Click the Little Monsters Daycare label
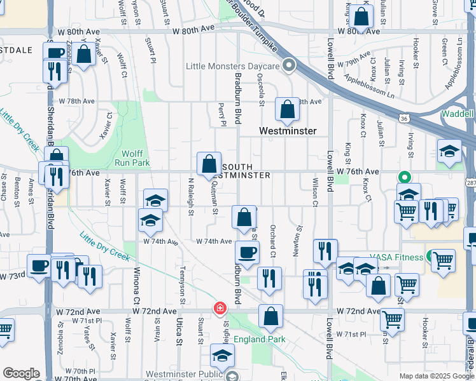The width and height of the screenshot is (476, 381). tap(233, 66)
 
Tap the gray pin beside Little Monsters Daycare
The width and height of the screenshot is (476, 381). tap(290, 65)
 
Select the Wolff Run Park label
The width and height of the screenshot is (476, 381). tap(132, 157)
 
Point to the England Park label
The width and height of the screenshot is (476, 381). tap(260, 339)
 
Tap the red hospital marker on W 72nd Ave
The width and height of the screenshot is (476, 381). tap(220, 308)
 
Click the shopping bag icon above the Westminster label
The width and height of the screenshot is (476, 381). tap(287, 110)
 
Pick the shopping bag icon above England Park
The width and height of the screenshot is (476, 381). tap(270, 317)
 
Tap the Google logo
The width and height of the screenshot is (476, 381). tap(21, 373)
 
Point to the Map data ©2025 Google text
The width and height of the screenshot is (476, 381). tap(437, 376)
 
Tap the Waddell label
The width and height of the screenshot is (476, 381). tap(458, 114)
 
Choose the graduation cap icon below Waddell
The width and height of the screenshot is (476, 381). tap(449, 152)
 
